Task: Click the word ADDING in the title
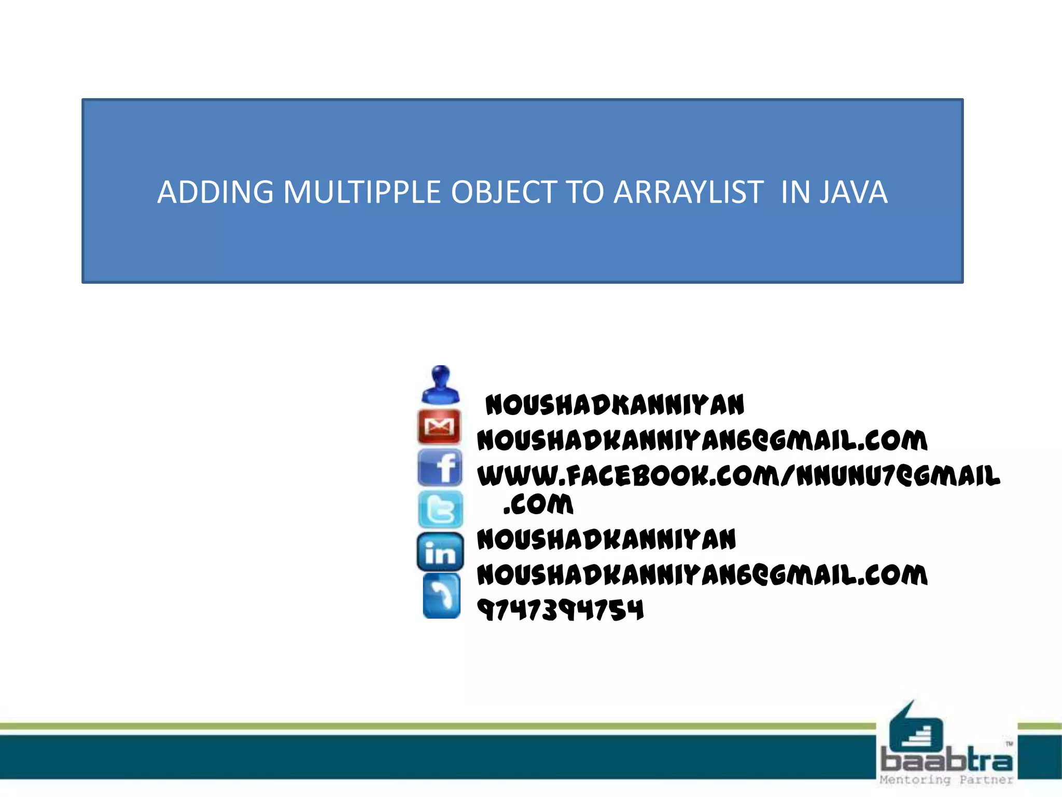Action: point(215,193)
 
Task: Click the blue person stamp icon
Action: point(440,385)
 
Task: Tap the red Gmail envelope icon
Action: point(439,427)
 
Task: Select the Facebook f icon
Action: point(440,468)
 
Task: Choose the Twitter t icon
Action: point(440,509)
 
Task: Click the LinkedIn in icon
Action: point(440,552)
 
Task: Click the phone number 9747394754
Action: point(560,610)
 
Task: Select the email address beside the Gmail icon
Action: point(702,441)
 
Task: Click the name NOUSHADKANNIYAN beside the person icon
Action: point(614,405)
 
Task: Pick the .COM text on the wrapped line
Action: point(538,504)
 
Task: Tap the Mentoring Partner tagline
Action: point(946,780)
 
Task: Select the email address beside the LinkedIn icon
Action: point(702,575)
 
